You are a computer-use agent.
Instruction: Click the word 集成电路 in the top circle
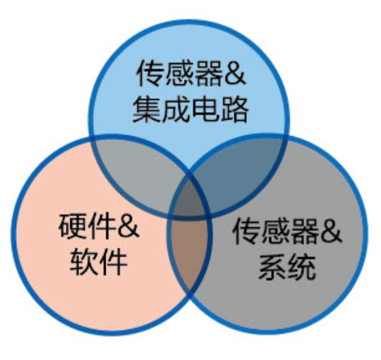pos(190,109)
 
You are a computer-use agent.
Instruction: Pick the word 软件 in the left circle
pos(98,262)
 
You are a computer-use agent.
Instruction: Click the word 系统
pos(287,267)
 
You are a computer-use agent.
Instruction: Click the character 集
pos(147,109)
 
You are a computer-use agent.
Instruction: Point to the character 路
pos(234,109)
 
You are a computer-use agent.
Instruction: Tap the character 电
pos(205,109)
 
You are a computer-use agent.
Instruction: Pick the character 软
pos(84,262)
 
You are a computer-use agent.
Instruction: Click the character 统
pos(302,267)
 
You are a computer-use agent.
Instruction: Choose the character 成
pos(176,109)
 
